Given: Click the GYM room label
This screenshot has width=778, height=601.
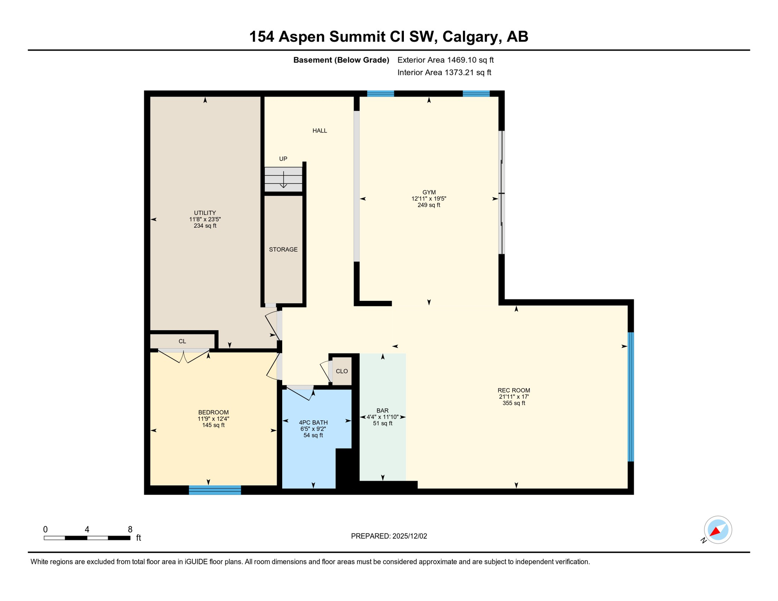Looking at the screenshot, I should (x=429, y=193).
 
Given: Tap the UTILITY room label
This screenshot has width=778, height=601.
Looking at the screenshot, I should (x=205, y=213).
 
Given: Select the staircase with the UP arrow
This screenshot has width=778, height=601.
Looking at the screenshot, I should (x=283, y=179).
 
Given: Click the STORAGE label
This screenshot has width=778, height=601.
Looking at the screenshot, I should (x=283, y=250).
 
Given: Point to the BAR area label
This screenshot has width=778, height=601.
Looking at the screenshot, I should (x=382, y=411).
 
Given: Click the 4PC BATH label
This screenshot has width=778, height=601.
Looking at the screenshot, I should (x=313, y=423).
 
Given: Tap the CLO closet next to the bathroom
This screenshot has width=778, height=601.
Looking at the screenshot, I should (x=342, y=371).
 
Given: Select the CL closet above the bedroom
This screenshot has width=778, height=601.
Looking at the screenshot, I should (x=182, y=341).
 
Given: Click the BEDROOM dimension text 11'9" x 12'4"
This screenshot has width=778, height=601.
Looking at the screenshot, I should (x=213, y=419).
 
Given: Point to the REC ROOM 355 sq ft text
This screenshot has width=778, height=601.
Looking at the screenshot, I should (x=514, y=403).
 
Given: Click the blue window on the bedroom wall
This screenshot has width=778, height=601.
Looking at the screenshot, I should (x=215, y=490).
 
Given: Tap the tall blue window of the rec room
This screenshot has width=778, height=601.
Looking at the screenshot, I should (x=630, y=397).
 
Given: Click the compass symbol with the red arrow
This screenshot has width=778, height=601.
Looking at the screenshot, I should (x=718, y=530).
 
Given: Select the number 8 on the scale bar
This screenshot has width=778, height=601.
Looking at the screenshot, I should (x=130, y=529).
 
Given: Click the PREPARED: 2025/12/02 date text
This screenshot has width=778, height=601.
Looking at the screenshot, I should (x=389, y=536).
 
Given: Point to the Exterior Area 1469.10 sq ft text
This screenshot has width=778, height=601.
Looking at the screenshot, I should (x=445, y=60).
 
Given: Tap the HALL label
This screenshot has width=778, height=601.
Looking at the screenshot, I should (x=320, y=131).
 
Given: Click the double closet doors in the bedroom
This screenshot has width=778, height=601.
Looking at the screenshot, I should (x=184, y=356).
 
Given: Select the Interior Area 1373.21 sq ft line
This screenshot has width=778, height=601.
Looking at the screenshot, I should (x=444, y=73).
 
